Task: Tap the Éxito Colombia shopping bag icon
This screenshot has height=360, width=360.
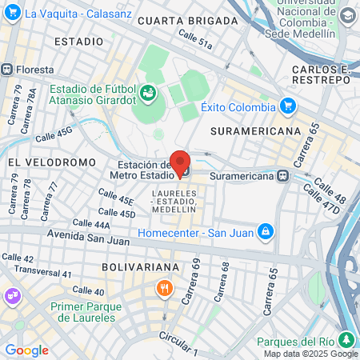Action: (x=288, y=106)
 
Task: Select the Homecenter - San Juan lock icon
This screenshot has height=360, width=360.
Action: (x=266, y=233)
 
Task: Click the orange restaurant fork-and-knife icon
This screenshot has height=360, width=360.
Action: (x=165, y=287)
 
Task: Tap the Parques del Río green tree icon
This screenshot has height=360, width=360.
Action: (x=346, y=338)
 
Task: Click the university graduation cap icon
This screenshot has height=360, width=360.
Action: (x=347, y=16)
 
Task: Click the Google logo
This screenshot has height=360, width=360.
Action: (x=26, y=350)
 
